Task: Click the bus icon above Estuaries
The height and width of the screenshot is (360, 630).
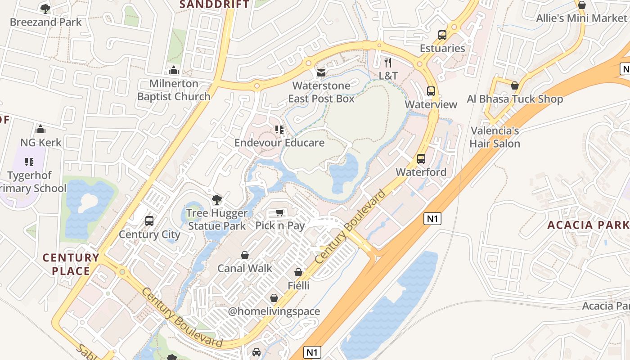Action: click(442, 35)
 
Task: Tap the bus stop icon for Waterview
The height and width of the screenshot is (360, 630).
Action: click(431, 91)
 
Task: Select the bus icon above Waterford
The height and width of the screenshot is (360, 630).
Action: click(421, 159)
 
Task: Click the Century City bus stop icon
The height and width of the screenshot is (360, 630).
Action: click(149, 221)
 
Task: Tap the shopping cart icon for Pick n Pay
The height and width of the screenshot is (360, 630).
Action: click(280, 212)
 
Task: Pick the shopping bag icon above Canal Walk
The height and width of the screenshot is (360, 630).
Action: click(245, 255)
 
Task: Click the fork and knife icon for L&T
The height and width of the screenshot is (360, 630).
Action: click(388, 62)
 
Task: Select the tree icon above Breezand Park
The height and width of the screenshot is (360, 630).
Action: click(45, 9)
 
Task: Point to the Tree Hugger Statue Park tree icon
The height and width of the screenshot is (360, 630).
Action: click(217, 200)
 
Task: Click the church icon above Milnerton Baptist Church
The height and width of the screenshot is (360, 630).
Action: click(174, 70)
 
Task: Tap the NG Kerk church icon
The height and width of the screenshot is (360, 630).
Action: click(41, 129)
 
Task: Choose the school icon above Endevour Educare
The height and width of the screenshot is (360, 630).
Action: click(279, 130)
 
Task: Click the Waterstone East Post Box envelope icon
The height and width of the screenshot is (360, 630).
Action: click(321, 72)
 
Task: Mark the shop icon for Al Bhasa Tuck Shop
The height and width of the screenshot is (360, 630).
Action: click(515, 85)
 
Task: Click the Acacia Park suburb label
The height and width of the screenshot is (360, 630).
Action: click(588, 225)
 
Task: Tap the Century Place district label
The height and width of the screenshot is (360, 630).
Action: click(71, 264)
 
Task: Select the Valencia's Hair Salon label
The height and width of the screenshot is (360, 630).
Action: click(495, 137)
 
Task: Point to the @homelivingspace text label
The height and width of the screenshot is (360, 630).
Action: click(274, 311)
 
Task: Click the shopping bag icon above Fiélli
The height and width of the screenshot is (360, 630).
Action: click(298, 272)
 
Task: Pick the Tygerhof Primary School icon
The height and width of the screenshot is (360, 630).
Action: click(30, 162)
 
